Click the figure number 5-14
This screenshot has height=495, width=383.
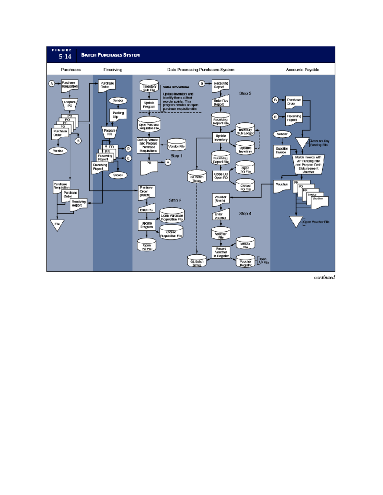pyautogui.click(x=65, y=56)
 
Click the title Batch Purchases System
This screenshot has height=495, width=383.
pyautogui.click(x=110, y=55)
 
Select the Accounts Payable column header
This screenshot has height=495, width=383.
pyautogui.click(x=302, y=69)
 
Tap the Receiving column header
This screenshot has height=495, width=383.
pyautogui.click(x=112, y=69)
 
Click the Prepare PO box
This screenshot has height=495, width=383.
pyautogui.click(x=70, y=104)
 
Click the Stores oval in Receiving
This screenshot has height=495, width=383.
pyautogui.click(x=118, y=175)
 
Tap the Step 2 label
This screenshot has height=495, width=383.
pyautogui.click(x=175, y=200)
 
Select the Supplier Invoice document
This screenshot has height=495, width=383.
pyautogui.click(x=281, y=151)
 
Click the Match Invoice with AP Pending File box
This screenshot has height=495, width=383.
pyautogui.click(x=308, y=164)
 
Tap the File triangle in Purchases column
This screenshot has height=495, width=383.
pyautogui.click(x=57, y=224)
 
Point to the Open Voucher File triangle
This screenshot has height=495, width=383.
pyautogui.click(x=296, y=221)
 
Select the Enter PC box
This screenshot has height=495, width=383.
pyautogui.click(x=146, y=209)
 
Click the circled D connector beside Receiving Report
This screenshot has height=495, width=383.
pyautogui.click(x=202, y=84)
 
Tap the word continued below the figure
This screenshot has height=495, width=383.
pyautogui.click(x=324, y=277)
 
